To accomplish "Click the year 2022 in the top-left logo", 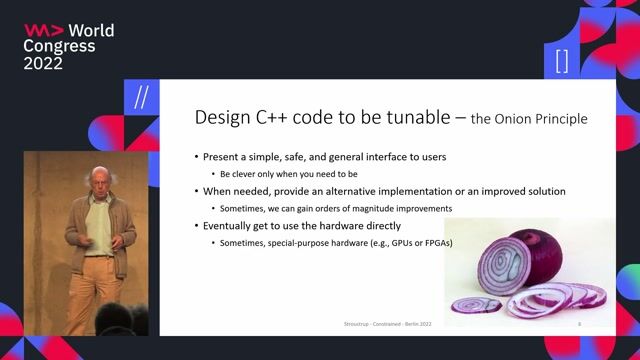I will pyautogui.click(x=43, y=63).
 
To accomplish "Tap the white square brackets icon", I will pyautogui.click(x=561, y=61).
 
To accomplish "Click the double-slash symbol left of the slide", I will pyautogui.click(x=141, y=98).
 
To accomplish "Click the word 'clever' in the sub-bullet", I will pyautogui.click(x=241, y=173).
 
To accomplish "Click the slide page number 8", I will pyautogui.click(x=579, y=325).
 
